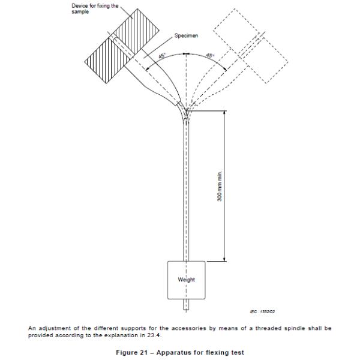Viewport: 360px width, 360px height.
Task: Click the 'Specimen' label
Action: (186, 35)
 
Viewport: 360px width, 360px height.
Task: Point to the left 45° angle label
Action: (162, 55)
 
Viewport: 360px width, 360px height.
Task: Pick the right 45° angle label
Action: (210, 55)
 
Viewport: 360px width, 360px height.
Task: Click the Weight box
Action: (186, 279)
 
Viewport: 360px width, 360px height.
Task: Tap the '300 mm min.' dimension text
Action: (220, 186)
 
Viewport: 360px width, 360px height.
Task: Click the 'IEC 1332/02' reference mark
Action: (262, 311)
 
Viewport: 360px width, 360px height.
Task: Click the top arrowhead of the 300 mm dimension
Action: (226, 112)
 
